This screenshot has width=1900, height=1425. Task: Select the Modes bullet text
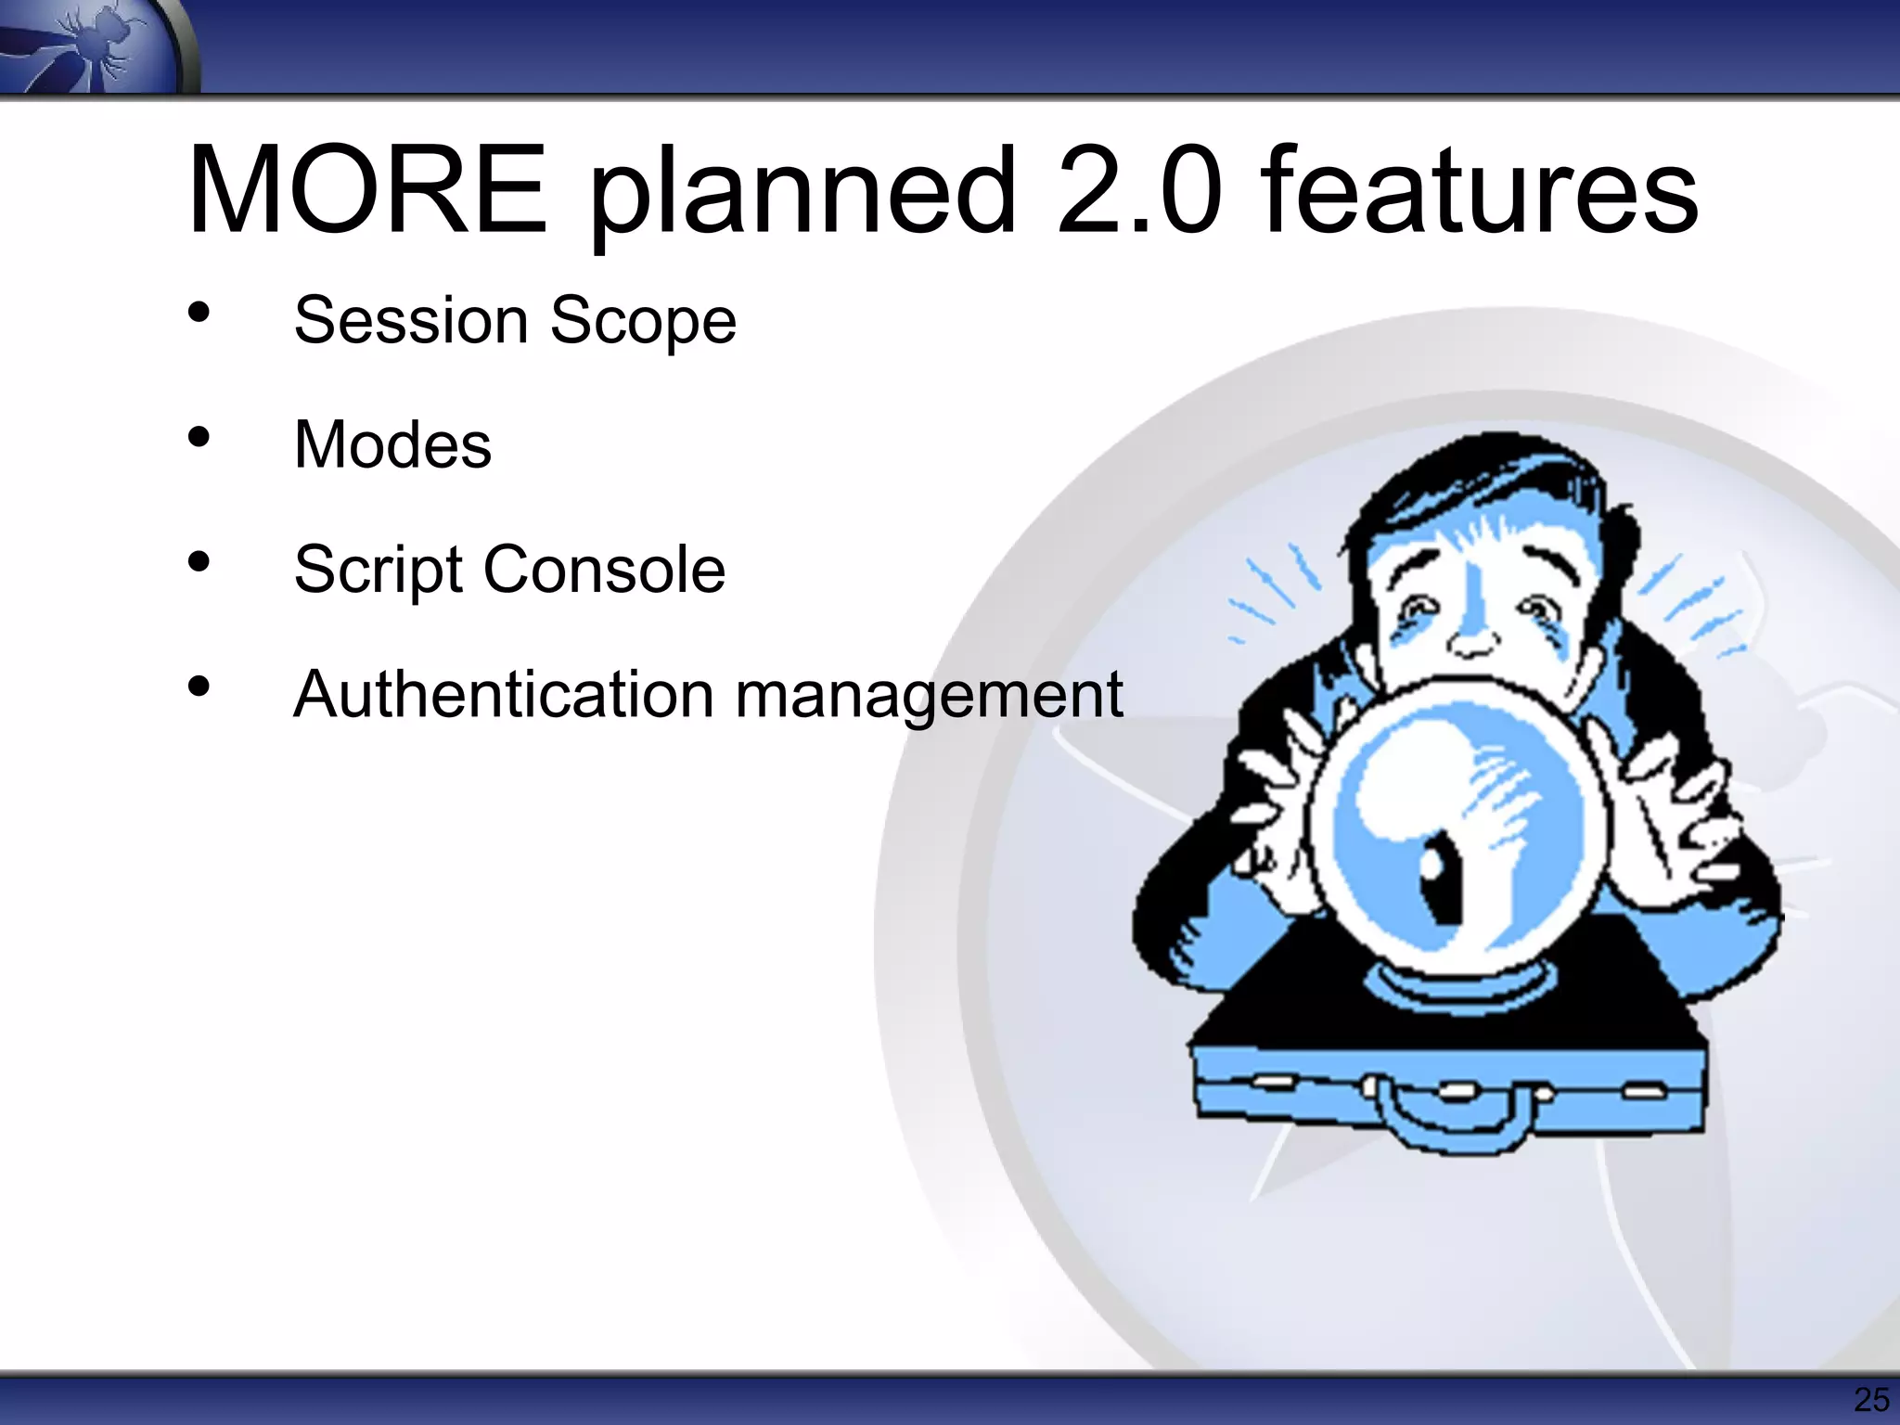pyautogui.click(x=392, y=444)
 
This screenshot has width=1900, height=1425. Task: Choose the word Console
pyautogui.click(x=604, y=569)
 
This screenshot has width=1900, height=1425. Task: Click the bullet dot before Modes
pyautogui.click(x=199, y=436)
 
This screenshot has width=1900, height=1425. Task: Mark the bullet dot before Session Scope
pyautogui.click(x=199, y=312)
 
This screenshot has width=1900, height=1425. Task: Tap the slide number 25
pyautogui.click(x=1870, y=1400)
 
